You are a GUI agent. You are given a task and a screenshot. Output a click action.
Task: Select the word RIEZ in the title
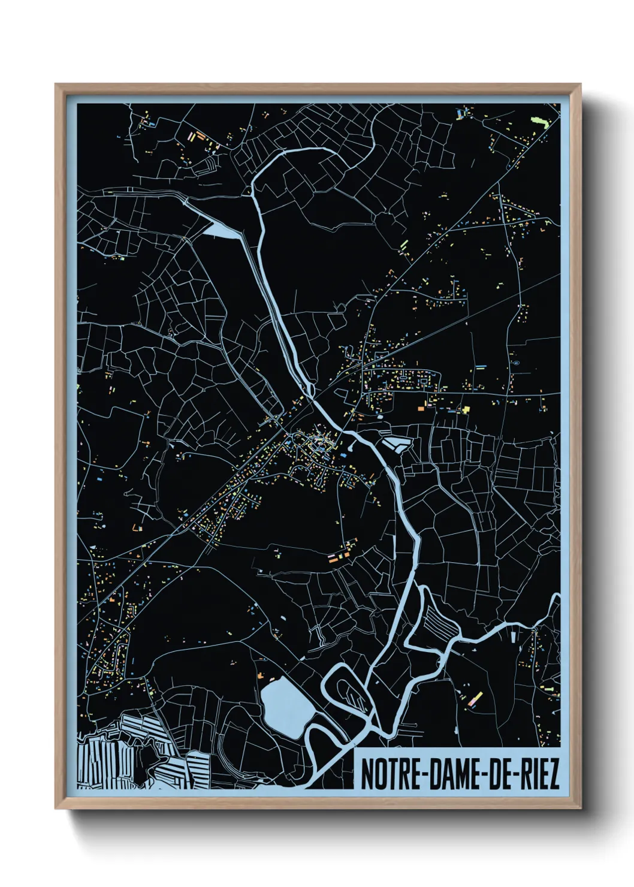537,775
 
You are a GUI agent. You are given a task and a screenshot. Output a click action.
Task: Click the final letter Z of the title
553,775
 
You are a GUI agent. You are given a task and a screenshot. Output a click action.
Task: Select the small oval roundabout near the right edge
515,363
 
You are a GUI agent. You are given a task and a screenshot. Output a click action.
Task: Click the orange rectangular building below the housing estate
421,407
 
